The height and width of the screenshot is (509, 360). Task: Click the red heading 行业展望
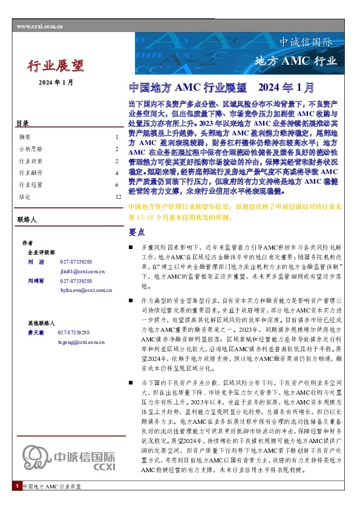[56, 65]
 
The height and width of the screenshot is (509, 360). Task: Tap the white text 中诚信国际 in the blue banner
[306, 42]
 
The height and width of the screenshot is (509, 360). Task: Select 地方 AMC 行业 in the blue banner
[295, 60]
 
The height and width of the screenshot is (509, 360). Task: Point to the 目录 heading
[23, 124]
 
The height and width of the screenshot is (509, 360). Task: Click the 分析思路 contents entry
[30, 149]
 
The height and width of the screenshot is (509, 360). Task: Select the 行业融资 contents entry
[30, 172]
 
